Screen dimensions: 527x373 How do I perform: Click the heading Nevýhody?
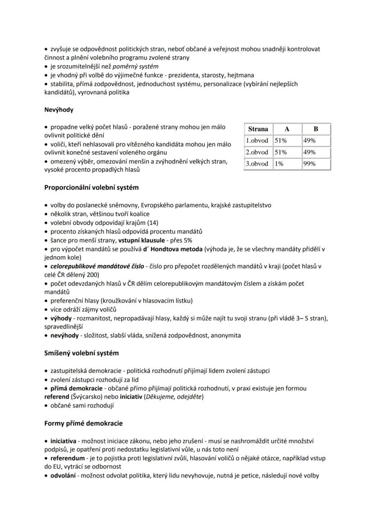click(59, 109)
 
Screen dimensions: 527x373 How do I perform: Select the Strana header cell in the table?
click(258, 129)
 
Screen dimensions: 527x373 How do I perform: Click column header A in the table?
click(287, 129)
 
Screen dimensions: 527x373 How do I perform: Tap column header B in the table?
click(316, 129)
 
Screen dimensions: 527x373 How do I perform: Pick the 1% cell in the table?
click(279, 164)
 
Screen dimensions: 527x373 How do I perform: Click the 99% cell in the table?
click(309, 164)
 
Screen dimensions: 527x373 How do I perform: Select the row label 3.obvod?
click(257, 164)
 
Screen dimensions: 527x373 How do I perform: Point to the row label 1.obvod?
click(257, 140)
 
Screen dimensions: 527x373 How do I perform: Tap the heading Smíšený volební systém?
click(81, 353)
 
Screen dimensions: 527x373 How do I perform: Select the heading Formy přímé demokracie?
click(83, 423)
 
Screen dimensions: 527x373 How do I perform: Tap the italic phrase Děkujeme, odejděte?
click(177, 396)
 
